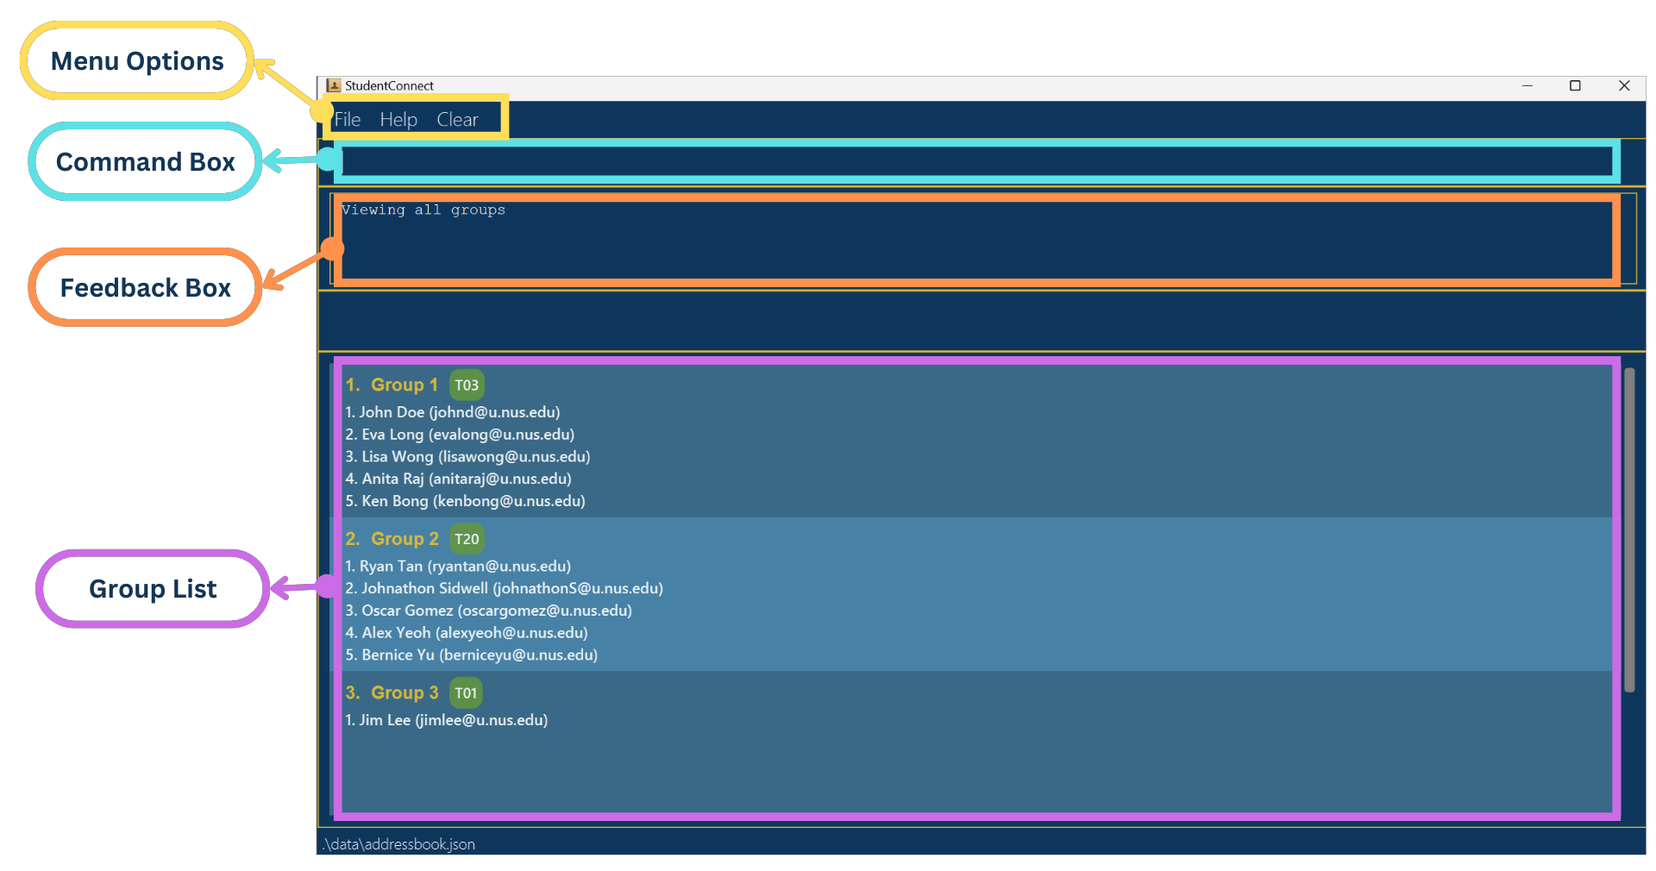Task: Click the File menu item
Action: tap(348, 120)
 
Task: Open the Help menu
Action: tap(398, 120)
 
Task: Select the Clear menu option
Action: tap(457, 120)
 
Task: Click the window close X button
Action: tap(1624, 85)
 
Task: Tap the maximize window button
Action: tap(1575, 85)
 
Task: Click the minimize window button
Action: tap(1527, 85)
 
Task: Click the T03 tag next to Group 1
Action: tap(467, 385)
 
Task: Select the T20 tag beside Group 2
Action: tap(467, 539)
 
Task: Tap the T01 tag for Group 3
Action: tap(466, 693)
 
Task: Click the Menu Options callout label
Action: tap(137, 61)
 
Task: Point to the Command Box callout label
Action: tap(145, 161)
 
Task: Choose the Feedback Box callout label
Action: tap(145, 287)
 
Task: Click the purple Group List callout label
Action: tap(153, 589)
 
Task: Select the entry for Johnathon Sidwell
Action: tap(504, 588)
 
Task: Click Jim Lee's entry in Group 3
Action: tap(446, 720)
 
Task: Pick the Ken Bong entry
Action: tap(465, 501)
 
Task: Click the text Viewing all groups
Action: tap(423, 210)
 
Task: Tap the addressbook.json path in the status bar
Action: tap(399, 844)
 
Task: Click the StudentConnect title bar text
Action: tap(389, 85)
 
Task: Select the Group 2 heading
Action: tap(404, 539)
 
